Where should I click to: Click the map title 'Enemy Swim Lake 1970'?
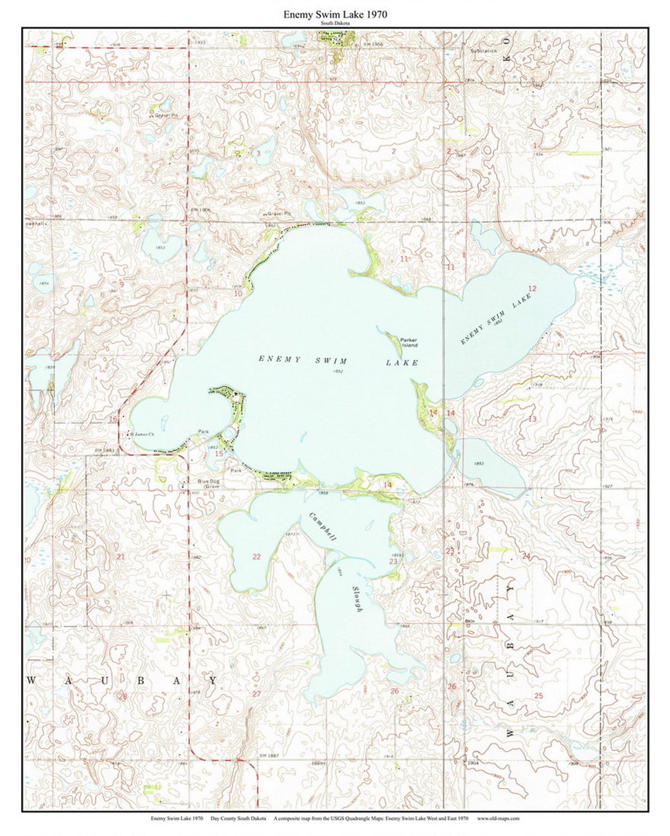(335, 14)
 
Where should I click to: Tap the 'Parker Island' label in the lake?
(408, 342)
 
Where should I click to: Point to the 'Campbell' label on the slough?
(323, 528)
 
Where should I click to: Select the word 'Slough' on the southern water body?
(357, 599)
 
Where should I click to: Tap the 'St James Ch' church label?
(141, 434)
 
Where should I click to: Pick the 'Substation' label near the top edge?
(483, 50)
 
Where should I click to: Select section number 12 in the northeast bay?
(532, 288)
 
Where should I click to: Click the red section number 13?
(532, 420)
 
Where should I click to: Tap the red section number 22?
(257, 557)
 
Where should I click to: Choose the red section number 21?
(121, 557)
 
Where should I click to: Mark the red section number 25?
(538, 696)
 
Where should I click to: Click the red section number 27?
(257, 693)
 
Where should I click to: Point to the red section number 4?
(116, 150)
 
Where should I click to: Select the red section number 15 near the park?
(218, 454)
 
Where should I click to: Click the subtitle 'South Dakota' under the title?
(335, 23)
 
